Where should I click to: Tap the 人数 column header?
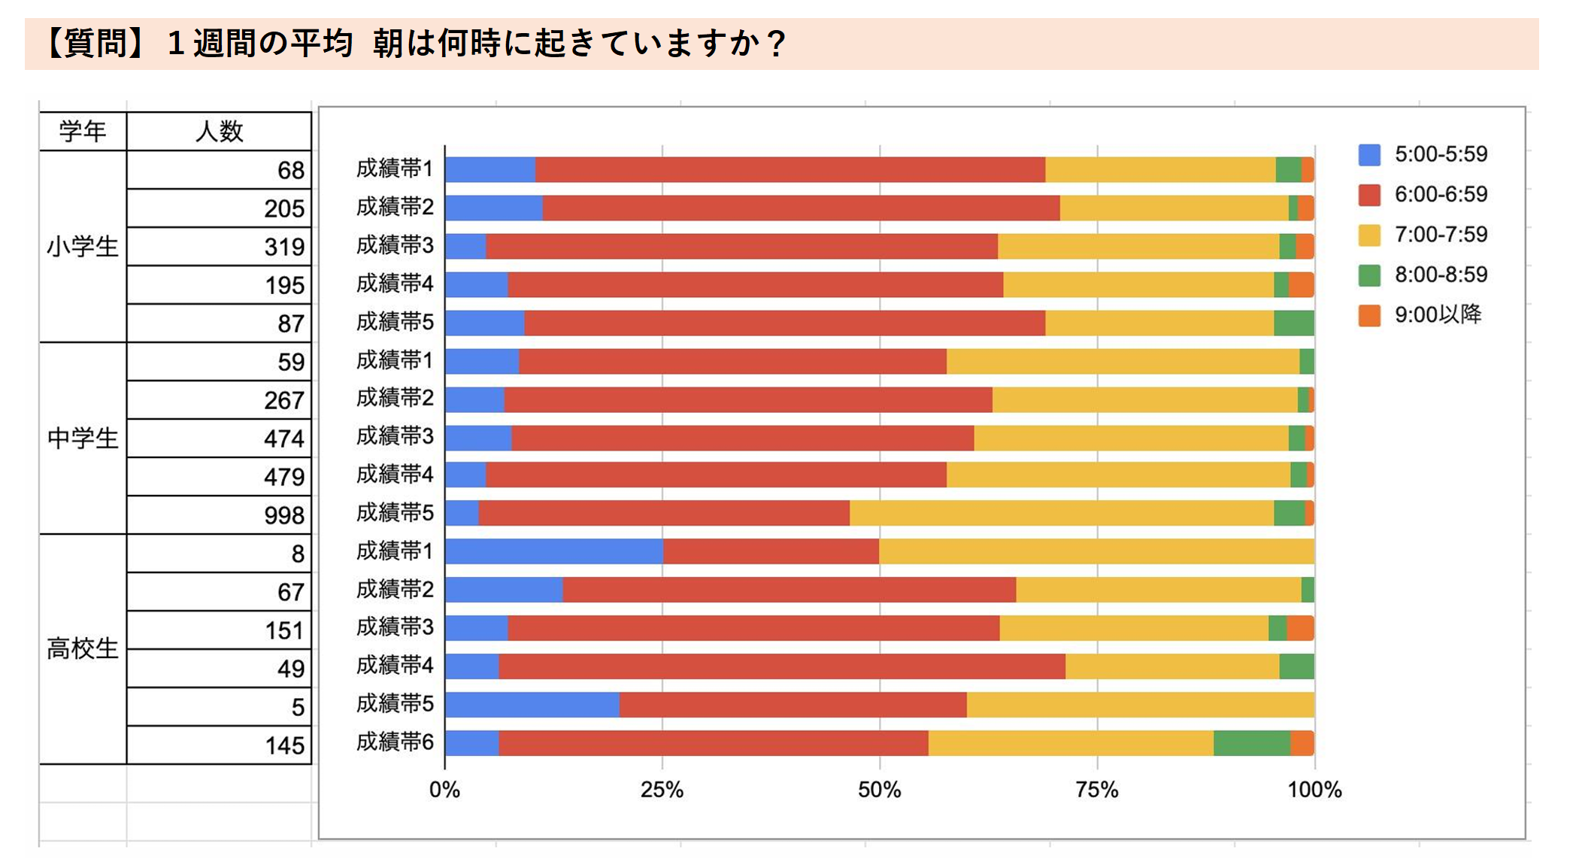(219, 132)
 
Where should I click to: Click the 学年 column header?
(83, 132)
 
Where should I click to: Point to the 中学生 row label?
(83, 439)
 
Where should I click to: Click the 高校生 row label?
(83, 648)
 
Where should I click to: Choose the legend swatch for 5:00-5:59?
(1369, 155)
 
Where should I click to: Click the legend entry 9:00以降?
(1438, 314)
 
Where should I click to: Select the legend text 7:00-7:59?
(1441, 235)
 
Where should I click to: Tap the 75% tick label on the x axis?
(1097, 790)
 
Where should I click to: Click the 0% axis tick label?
(444, 790)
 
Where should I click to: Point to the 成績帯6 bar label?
(395, 742)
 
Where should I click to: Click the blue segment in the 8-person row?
(553, 551)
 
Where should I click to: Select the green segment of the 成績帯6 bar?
(1251, 742)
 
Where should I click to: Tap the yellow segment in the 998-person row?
(1061, 513)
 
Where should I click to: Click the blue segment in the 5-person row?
(532, 705)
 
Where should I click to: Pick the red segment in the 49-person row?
(781, 666)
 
